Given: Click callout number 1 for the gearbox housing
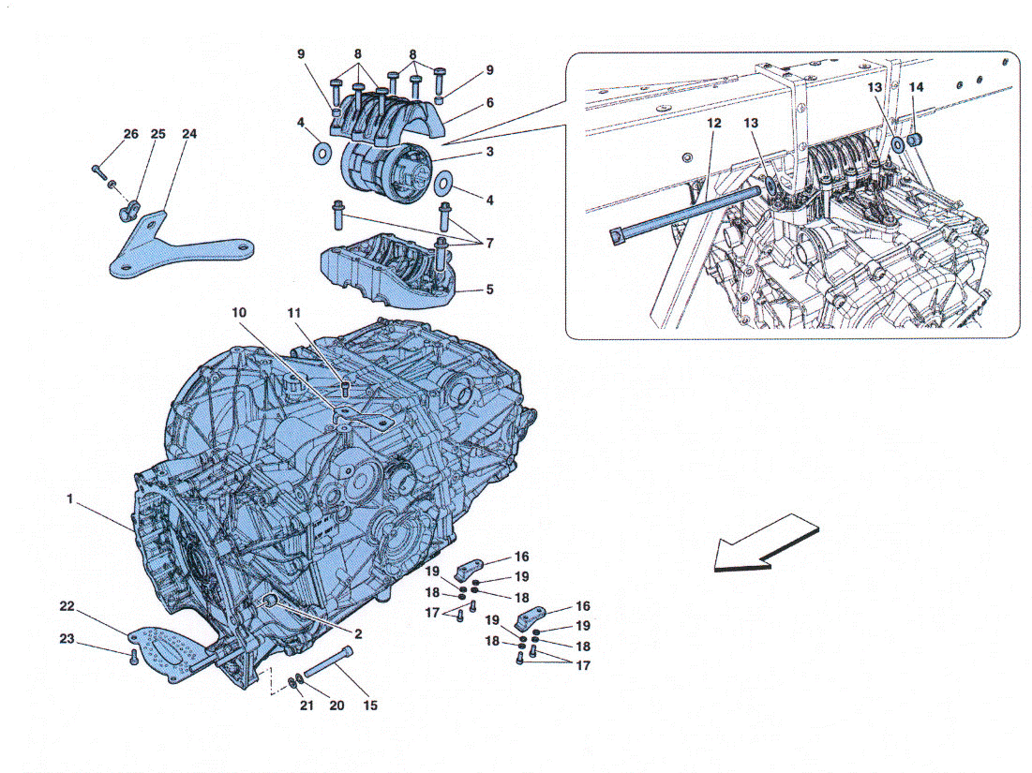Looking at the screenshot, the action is pos(69,500).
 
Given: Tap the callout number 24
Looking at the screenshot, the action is pos(189,134).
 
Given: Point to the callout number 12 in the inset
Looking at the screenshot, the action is pos(714,123).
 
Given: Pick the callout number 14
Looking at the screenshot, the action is pos(916,87).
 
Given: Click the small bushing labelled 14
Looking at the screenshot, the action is pos(914,141).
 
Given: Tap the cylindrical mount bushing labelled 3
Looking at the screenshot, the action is pos(385,172).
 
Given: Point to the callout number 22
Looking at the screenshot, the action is pos(67,606).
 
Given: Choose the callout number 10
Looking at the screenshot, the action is pos(239,313).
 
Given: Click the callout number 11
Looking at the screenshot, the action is pos(293,313).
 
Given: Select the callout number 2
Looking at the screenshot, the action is pos(358,634).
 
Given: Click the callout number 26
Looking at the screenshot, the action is pos(131,134).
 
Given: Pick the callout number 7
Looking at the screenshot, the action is pos(489,244).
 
